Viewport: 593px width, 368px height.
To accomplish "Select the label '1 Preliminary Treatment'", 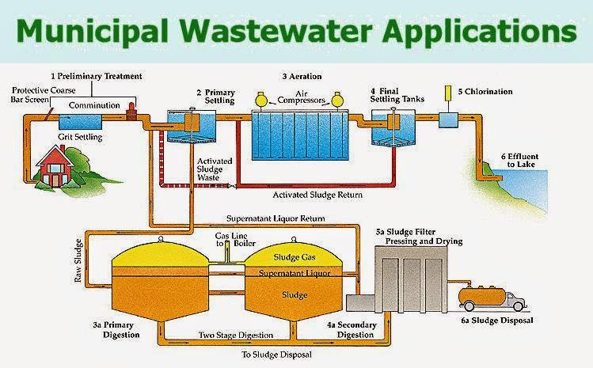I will coord(96,76).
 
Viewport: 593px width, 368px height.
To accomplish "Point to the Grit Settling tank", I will coord(80,123).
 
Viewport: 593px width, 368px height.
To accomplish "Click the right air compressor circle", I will coord(336,101).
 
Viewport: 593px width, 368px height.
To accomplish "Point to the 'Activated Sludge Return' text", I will coord(322,192).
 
